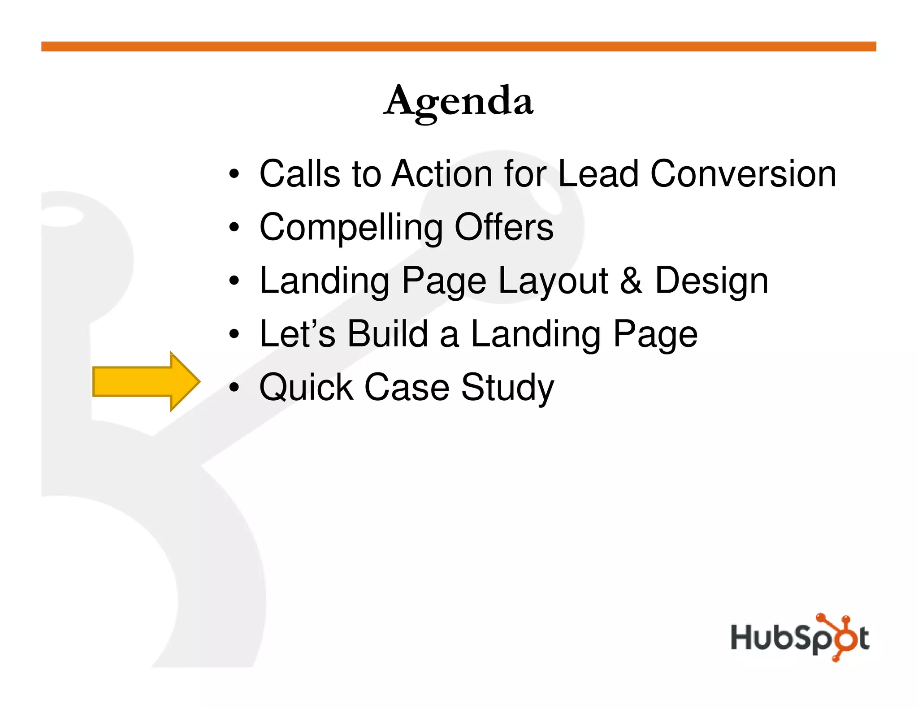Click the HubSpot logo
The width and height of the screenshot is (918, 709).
pos(800,637)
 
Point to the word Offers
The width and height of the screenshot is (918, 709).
pos(504,227)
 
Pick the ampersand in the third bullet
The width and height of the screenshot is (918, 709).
pos(631,281)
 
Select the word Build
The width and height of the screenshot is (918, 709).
pos(388,334)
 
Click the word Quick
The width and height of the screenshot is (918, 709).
pos(306,387)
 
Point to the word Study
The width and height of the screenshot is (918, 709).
pos(507,388)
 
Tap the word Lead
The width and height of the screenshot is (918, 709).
pos(598,174)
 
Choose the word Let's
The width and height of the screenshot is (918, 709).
pos(297,334)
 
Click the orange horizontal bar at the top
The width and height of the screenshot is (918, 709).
pos(459,47)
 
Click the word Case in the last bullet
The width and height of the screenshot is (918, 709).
pos(407,387)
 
